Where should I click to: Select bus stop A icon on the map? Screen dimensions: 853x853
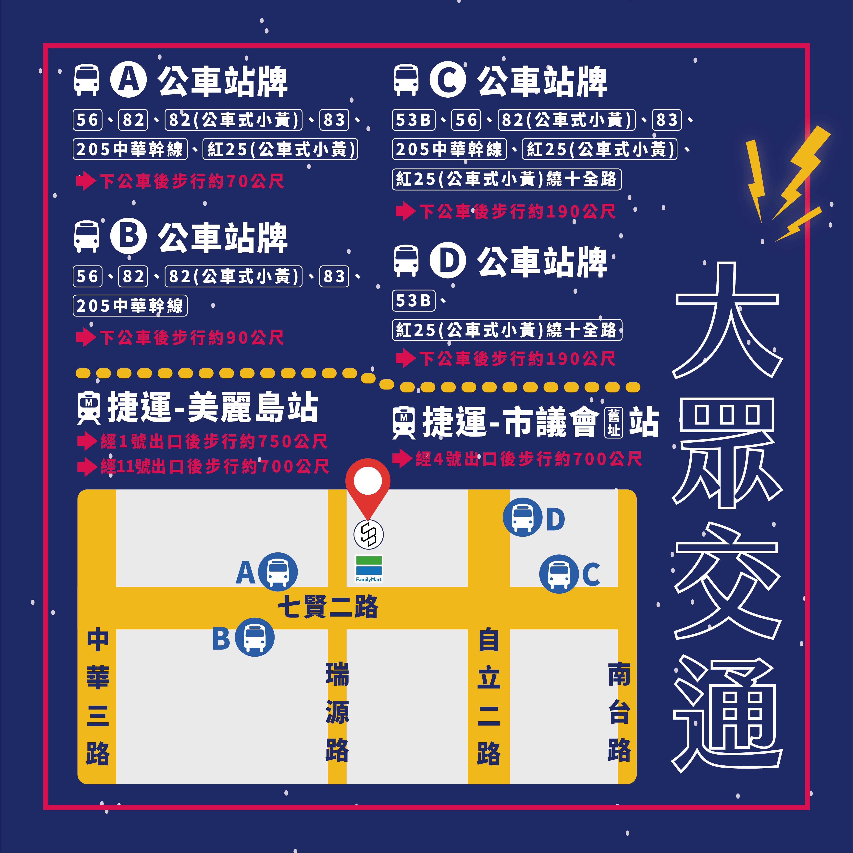pyautogui.click(x=278, y=572)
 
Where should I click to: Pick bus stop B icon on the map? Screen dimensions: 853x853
pyautogui.click(x=254, y=637)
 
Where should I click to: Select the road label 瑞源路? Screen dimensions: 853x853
pyautogui.click(x=337, y=712)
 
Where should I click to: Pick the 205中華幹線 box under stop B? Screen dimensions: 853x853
pyautogui.click(x=130, y=305)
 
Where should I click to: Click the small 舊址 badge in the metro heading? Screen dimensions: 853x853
pyautogui.click(x=613, y=423)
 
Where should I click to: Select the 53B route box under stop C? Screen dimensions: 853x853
pyautogui.click(x=413, y=120)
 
